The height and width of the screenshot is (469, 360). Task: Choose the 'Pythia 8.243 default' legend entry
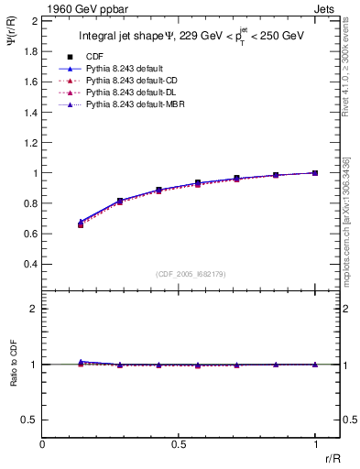tap(124, 69)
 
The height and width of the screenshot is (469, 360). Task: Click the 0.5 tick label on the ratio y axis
tap(30, 420)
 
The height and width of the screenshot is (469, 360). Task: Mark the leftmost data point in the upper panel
tap(82, 223)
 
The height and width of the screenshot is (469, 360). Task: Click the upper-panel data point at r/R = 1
tap(315, 172)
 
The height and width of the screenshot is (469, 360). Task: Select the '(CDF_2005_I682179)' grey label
tap(179, 272)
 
